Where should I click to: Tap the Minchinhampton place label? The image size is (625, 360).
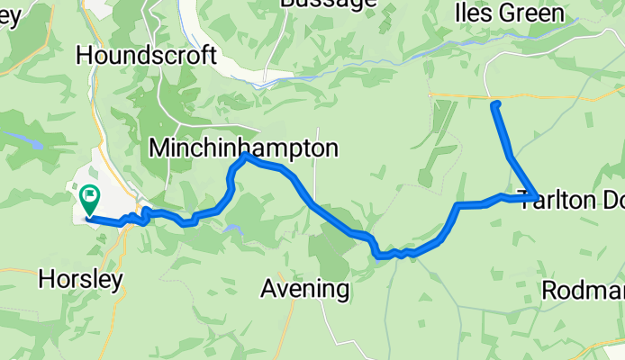coord(244,148)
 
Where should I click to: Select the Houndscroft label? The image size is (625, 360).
coord(147,56)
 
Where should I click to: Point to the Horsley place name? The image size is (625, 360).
coord(81,280)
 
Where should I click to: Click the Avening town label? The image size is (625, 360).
coord(304,289)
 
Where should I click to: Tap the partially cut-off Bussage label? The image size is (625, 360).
coord(328,4)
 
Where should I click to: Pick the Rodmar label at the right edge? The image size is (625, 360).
coord(584,291)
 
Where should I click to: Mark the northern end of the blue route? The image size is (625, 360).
coord(494,105)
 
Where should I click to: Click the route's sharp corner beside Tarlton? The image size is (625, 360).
coord(536,198)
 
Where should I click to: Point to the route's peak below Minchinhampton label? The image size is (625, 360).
coord(245,157)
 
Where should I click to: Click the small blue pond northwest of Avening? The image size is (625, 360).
coord(233,230)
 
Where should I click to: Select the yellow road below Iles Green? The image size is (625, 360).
coord(540,95)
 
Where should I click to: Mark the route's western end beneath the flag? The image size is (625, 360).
coord(87,218)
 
